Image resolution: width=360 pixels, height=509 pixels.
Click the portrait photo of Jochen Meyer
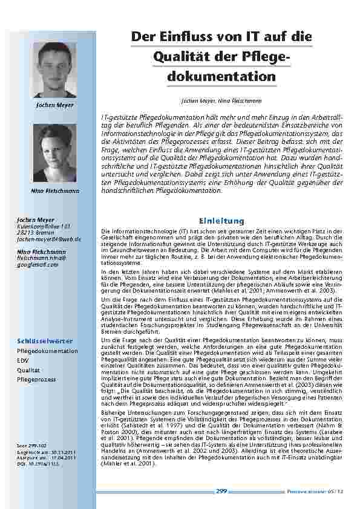point(54,70)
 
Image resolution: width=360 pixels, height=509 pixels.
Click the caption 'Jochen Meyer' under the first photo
point(54,105)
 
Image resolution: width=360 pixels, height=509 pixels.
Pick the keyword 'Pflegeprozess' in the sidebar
point(37,379)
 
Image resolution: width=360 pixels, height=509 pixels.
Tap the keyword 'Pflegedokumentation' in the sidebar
point(48,351)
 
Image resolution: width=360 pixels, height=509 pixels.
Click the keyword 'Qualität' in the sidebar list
point(29,369)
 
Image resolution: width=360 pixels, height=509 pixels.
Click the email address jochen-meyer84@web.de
point(47,239)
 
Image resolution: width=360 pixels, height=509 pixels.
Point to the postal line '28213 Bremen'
point(36,232)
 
